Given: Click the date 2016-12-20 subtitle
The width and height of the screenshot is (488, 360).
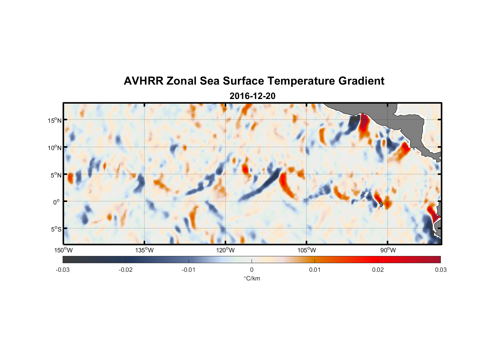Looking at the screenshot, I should (x=252, y=96).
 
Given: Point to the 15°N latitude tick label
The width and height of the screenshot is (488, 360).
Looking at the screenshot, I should (x=55, y=120).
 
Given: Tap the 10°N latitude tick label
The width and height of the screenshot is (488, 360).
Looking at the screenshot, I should (x=55, y=148).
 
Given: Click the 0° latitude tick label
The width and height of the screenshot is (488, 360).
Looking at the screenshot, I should (x=56, y=202).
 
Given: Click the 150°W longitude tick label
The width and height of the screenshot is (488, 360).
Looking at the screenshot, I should (x=64, y=250).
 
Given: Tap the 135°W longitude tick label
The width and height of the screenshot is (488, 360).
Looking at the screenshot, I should (x=145, y=250).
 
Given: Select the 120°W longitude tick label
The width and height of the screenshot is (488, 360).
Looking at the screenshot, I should (x=226, y=250).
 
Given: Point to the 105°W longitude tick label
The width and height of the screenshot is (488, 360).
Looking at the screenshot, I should (x=307, y=250).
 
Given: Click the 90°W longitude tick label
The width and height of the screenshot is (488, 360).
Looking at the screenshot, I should (x=388, y=250).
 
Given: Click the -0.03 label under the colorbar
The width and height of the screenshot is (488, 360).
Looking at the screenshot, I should (x=63, y=270).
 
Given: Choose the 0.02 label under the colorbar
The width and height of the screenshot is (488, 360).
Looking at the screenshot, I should (x=378, y=270).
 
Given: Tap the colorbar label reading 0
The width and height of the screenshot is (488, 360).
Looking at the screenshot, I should (x=252, y=270).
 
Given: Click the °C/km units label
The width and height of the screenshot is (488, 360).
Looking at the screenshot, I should (x=252, y=278).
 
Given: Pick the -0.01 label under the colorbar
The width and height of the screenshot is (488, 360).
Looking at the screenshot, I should (x=189, y=270).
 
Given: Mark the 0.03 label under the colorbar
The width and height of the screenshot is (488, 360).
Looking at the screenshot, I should (x=440, y=270).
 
